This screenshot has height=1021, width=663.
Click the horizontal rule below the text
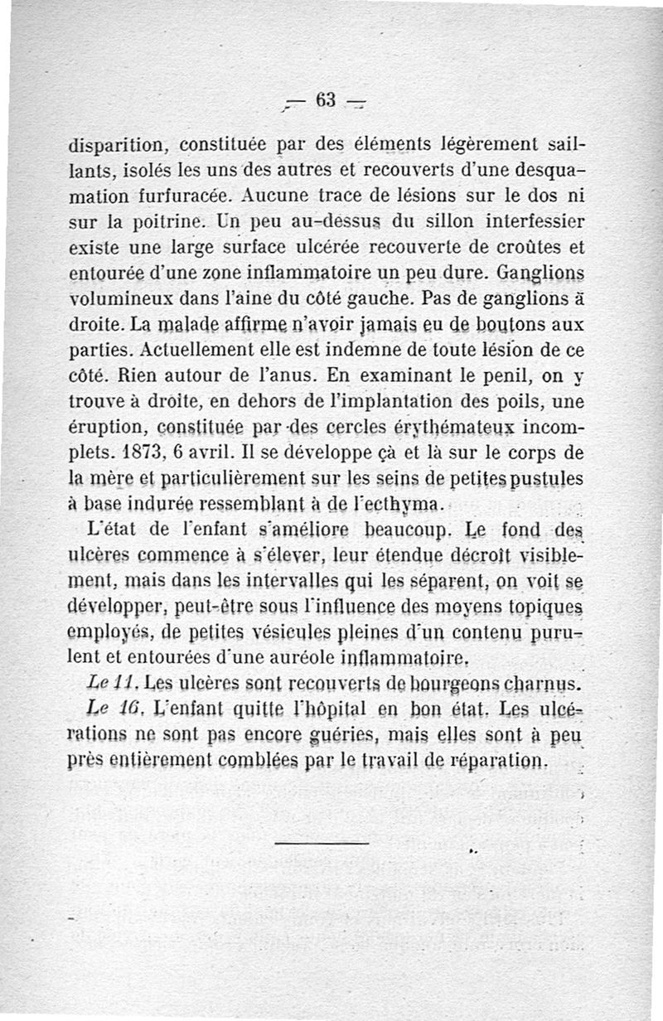tap(321, 844)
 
